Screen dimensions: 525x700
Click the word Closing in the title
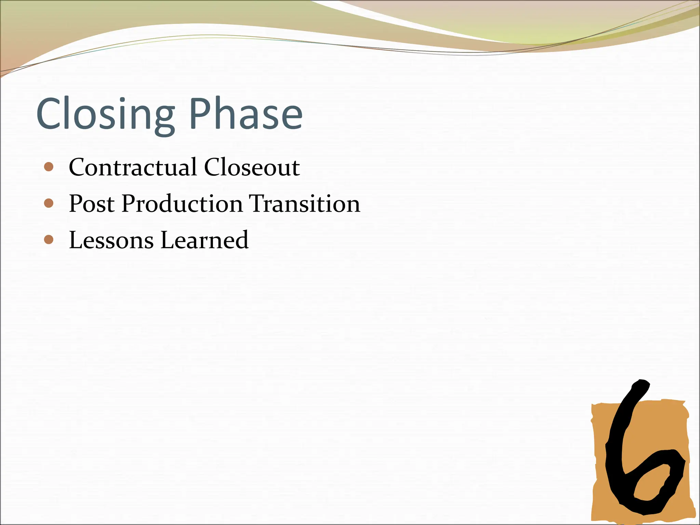click(x=105, y=115)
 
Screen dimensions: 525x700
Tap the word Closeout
click(x=252, y=167)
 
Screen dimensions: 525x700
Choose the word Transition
click(x=304, y=204)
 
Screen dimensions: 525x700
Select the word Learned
click(x=204, y=240)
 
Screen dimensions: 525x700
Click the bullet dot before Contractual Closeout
click(x=49, y=167)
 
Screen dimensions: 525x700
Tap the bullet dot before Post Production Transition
click(x=49, y=203)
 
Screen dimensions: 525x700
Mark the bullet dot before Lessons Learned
click(x=49, y=240)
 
